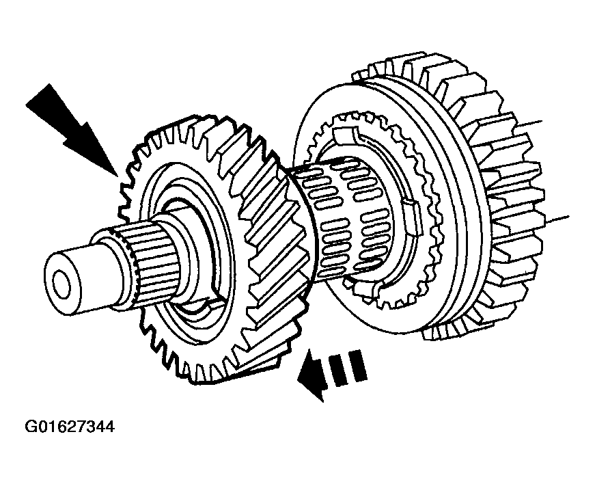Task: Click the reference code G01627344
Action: (70, 427)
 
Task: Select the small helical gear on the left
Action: (212, 247)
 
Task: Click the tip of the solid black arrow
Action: (117, 177)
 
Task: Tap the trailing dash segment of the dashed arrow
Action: (358, 365)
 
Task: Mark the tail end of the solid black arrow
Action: (38, 95)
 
